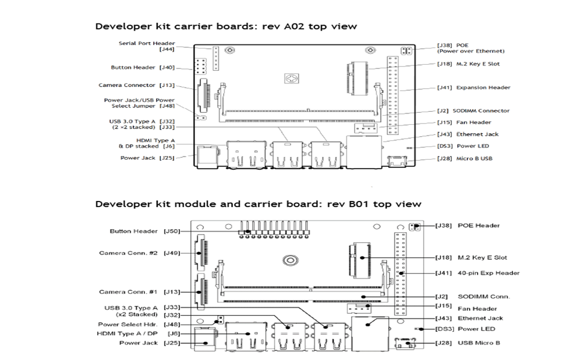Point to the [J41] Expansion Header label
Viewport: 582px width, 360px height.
tap(474, 88)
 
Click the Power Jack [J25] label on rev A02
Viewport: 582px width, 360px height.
tap(148, 158)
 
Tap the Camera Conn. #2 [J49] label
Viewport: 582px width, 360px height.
tap(137, 253)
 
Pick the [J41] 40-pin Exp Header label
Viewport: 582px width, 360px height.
tap(477, 273)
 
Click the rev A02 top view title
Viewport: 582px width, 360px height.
tap(226, 26)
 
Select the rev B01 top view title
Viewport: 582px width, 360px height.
tap(258, 204)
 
